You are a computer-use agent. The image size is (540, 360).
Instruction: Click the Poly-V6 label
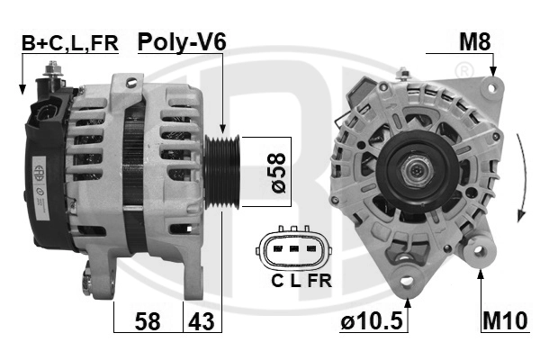[181, 41]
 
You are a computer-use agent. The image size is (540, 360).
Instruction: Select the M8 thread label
[475, 41]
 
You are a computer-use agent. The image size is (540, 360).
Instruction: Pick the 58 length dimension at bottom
[148, 321]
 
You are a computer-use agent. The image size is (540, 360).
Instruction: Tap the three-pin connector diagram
[292, 248]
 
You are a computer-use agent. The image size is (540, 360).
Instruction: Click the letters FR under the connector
[319, 281]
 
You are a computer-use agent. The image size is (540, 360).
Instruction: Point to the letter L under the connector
[294, 281]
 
